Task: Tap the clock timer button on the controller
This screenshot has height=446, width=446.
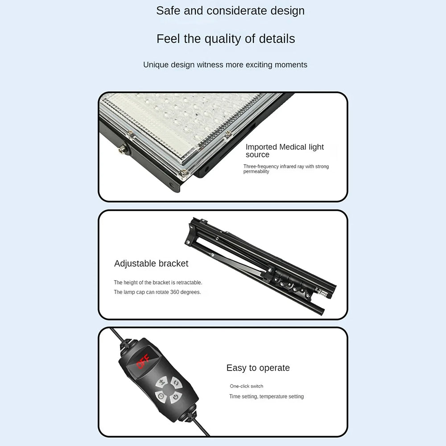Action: pos(161,396)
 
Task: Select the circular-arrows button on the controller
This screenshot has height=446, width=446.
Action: pos(176,383)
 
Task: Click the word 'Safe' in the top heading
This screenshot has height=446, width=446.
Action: pos(168,11)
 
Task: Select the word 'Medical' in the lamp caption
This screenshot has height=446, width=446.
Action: pos(293,147)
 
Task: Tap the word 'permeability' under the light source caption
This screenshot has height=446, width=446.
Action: pos(256,172)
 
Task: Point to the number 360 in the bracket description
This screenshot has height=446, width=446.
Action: pos(175,292)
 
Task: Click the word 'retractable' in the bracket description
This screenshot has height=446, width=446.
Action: pos(189,282)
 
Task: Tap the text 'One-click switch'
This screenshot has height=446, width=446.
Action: pos(246,386)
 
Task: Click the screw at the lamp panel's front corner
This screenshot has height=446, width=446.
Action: pos(184,172)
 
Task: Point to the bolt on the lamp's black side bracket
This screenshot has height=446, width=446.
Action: pos(123,149)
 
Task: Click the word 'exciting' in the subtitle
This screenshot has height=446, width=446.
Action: pos(259,65)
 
